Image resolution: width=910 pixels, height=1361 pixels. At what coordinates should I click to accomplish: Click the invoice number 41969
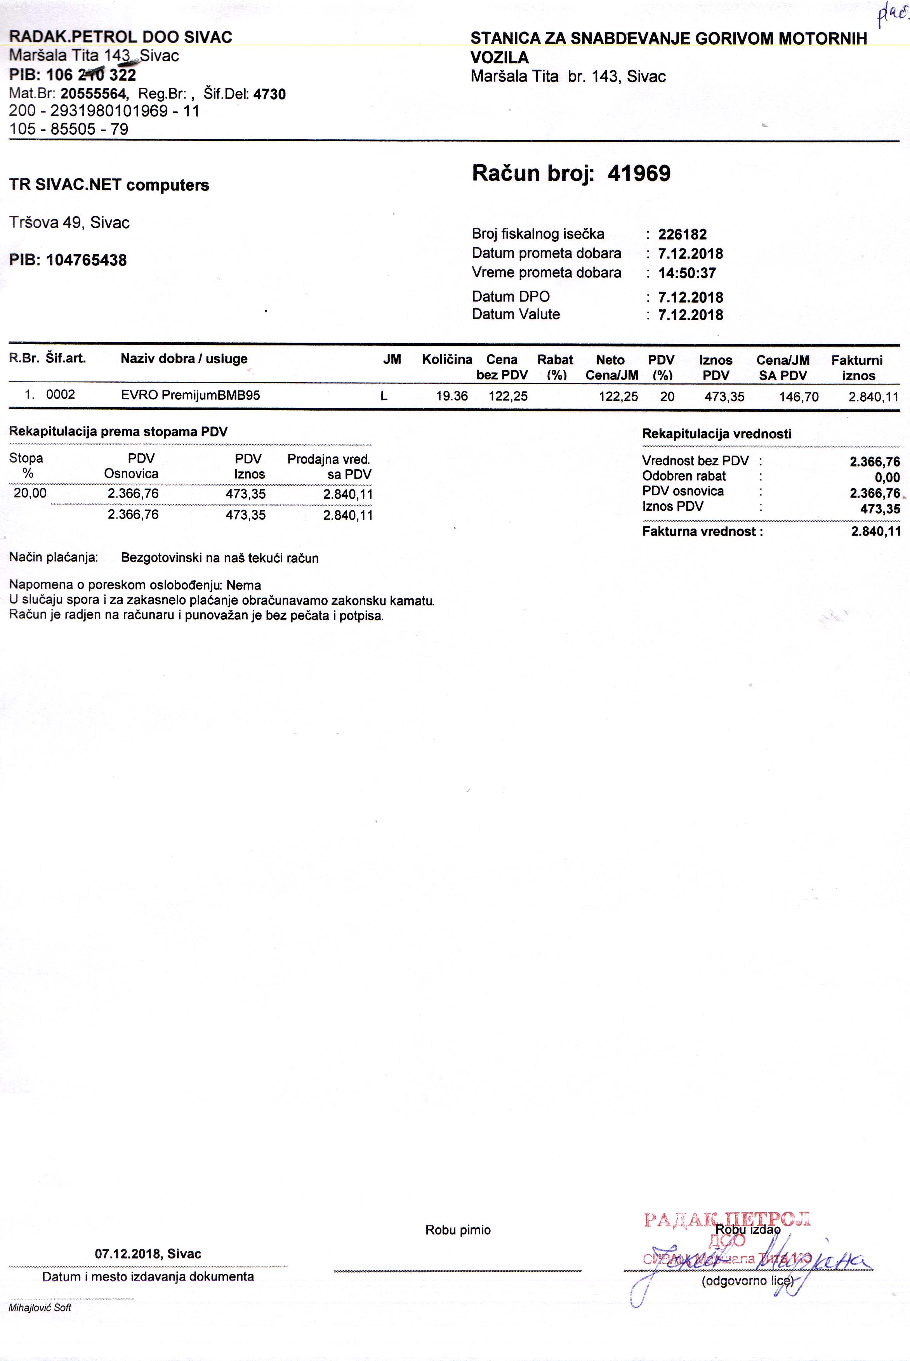click(639, 173)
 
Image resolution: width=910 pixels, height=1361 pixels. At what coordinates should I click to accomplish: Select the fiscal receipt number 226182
click(682, 234)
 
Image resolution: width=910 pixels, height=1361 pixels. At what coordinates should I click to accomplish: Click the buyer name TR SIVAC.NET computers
click(109, 185)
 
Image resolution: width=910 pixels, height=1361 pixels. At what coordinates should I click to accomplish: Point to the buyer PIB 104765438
click(86, 260)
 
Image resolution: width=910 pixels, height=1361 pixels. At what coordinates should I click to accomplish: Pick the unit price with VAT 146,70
click(799, 397)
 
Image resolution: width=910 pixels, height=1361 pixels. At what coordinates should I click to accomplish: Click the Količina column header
click(447, 359)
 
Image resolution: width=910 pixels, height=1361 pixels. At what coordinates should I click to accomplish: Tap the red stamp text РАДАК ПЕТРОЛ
click(727, 1219)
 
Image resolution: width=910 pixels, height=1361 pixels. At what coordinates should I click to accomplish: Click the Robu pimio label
click(458, 1230)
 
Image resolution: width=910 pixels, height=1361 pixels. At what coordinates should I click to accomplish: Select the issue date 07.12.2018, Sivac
click(148, 1254)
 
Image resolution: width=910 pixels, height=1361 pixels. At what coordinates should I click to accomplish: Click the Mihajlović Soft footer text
click(40, 1307)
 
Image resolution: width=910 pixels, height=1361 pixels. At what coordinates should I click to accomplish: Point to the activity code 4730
click(269, 94)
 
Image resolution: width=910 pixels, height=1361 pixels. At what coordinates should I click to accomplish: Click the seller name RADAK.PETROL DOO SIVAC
click(121, 37)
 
